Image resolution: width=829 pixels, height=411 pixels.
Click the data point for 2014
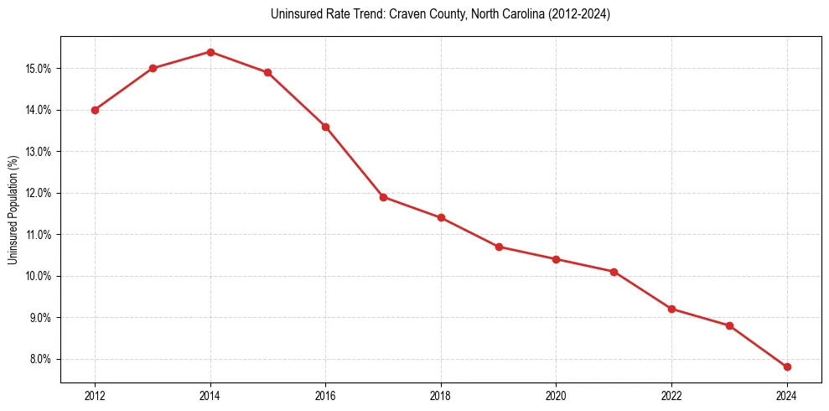(x=210, y=52)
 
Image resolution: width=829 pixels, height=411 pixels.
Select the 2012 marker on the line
(x=95, y=110)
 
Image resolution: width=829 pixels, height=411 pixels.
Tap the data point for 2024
(x=787, y=367)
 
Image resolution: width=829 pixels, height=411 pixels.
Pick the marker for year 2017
(x=383, y=197)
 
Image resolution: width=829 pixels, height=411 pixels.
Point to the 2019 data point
(x=499, y=247)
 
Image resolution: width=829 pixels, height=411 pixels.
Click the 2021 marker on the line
(x=614, y=272)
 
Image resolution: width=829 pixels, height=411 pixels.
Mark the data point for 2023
(x=729, y=325)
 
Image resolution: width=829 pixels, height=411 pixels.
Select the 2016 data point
(x=325, y=127)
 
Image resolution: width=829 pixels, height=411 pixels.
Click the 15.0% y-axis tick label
(x=39, y=69)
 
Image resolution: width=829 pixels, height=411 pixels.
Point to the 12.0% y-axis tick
(x=39, y=193)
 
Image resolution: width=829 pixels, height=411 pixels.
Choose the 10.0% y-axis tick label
(x=39, y=276)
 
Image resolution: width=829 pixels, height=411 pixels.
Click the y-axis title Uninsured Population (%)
(x=13, y=210)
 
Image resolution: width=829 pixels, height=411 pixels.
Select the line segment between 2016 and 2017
(x=355, y=162)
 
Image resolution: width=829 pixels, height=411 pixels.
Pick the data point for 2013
(x=153, y=68)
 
